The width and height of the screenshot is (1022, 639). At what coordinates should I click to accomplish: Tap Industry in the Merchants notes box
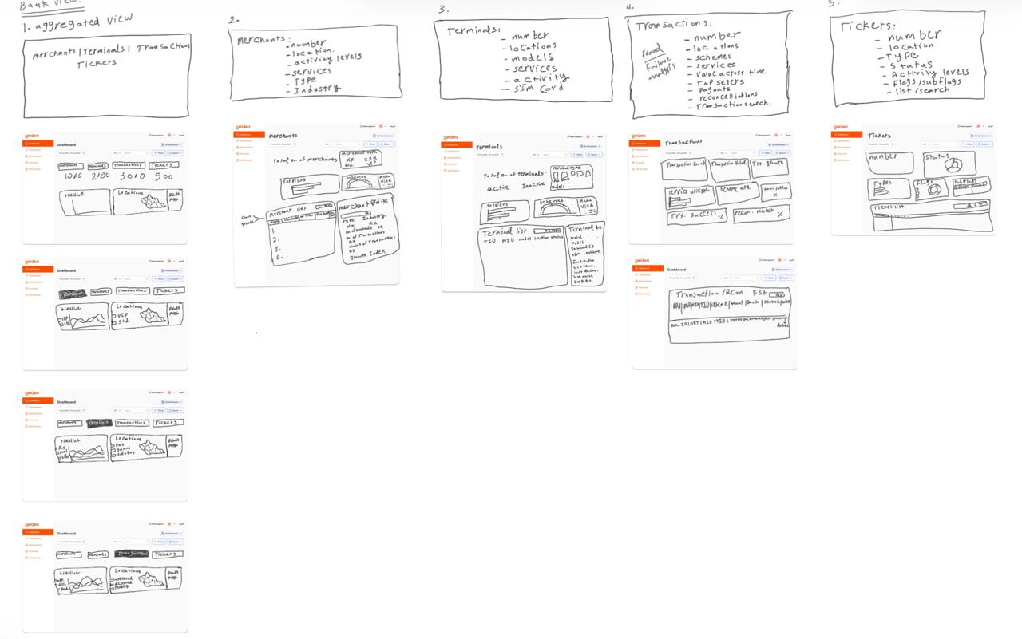click(x=317, y=90)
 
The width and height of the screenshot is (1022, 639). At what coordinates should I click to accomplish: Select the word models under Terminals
click(x=533, y=57)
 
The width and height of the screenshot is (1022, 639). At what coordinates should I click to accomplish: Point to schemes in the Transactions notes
click(x=713, y=57)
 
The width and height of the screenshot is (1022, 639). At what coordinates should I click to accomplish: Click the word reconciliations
click(x=727, y=96)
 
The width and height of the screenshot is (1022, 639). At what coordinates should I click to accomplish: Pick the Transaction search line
click(x=733, y=105)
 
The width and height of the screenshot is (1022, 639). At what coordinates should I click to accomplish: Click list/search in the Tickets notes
click(x=922, y=90)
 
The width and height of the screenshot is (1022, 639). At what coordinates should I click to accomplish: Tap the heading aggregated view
click(x=84, y=22)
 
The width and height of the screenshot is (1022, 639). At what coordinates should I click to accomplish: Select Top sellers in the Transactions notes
click(x=720, y=81)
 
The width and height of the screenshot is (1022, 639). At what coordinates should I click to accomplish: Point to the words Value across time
click(x=731, y=73)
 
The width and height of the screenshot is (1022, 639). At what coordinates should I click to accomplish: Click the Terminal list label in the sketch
click(x=505, y=231)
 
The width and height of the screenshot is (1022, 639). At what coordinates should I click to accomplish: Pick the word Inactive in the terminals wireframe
click(x=534, y=186)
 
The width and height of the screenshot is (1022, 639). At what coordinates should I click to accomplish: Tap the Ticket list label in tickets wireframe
click(x=889, y=207)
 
